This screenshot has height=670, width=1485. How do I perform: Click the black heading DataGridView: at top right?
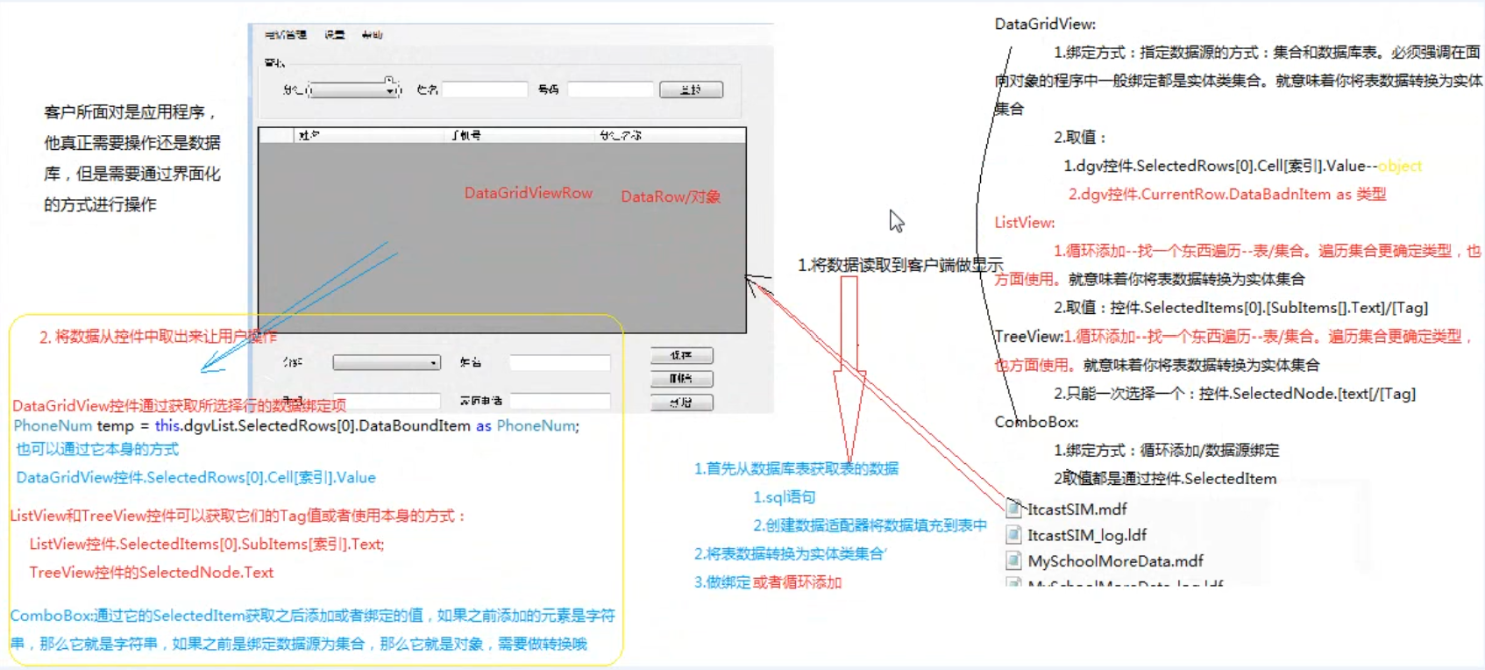point(1044,25)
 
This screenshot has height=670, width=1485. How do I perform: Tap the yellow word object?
point(1399,166)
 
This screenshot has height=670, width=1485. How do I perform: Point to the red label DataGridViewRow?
point(528,193)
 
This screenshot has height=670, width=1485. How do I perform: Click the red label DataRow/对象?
point(671,196)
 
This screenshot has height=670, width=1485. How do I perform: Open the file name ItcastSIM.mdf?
point(1076,510)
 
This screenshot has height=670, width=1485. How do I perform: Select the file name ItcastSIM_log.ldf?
point(1086,535)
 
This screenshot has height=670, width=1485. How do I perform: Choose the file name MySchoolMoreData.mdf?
point(1115,561)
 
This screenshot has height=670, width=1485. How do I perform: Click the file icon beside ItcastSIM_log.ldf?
point(1013,535)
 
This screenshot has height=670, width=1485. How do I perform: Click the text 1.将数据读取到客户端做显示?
point(899,265)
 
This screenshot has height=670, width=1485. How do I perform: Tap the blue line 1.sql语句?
point(784,497)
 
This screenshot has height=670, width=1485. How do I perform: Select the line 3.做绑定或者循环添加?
point(767,582)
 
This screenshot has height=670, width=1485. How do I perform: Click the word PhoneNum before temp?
point(53,426)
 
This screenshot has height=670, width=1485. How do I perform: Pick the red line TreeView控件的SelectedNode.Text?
point(151,573)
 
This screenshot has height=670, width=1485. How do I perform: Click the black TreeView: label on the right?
point(1028,337)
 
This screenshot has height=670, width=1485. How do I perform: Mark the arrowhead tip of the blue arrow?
point(203,370)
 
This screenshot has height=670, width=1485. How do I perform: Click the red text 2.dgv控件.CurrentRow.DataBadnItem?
point(1226,195)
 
